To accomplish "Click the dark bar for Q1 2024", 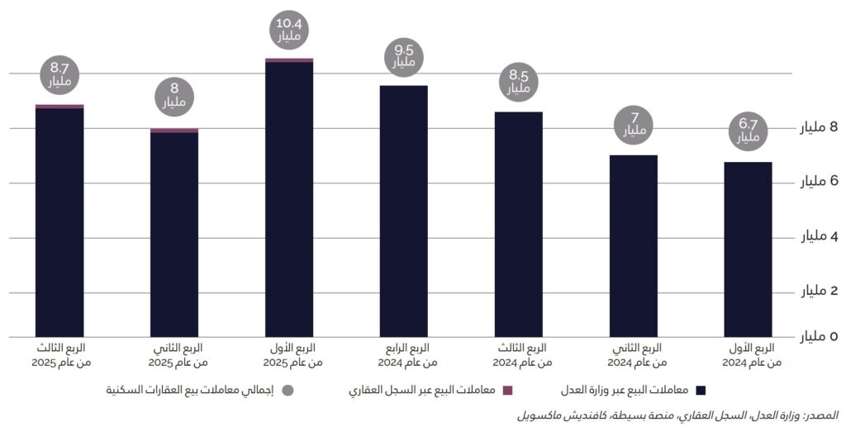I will [x=748, y=249].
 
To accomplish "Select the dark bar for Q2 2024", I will [x=634, y=246].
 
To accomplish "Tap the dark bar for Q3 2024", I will [x=519, y=225].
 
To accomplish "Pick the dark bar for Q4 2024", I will [x=404, y=211].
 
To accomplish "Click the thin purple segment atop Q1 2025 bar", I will [x=289, y=60].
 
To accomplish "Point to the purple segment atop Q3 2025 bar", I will [x=59, y=107].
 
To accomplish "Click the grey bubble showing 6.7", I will [x=749, y=130].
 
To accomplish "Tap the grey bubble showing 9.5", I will [x=404, y=56].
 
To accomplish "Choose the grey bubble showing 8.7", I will [x=60, y=75].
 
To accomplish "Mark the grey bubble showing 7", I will [x=634, y=124].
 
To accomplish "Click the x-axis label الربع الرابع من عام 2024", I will [x=404, y=354].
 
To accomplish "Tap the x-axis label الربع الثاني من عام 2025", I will [x=175, y=354].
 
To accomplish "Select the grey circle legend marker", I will [x=288, y=390].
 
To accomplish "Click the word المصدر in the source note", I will [x=822, y=413].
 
